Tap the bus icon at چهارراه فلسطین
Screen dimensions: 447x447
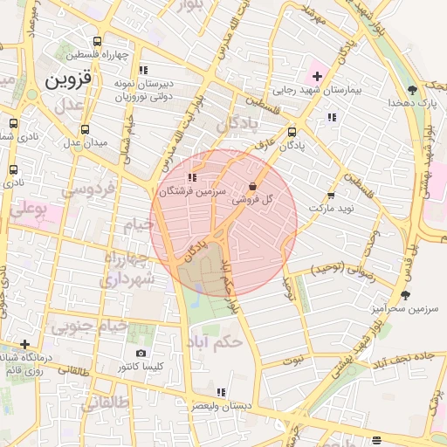tap(95, 41)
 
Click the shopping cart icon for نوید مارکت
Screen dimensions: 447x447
tap(331, 196)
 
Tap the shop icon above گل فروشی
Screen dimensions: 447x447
tap(252, 186)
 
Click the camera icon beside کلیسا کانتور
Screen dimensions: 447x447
tap(141, 354)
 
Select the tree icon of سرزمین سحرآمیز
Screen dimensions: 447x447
tap(405, 295)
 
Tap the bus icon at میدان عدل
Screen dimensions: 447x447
tap(85, 128)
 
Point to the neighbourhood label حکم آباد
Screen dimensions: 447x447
tap(215, 342)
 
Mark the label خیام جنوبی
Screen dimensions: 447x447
tap(89, 327)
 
